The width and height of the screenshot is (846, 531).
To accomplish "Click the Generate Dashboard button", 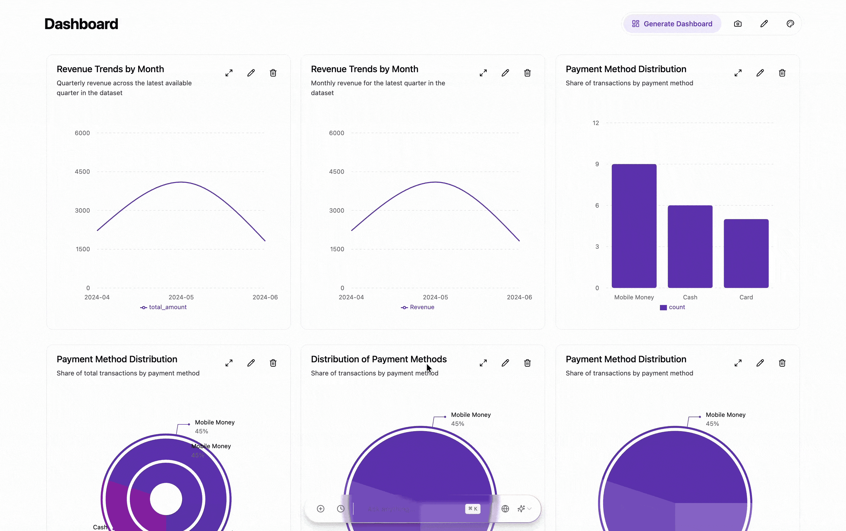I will click(672, 24).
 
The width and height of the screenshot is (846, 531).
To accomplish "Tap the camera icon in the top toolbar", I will click(737, 24).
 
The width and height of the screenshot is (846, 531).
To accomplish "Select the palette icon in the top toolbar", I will click(790, 24).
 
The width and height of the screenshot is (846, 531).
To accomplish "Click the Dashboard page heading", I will click(81, 24).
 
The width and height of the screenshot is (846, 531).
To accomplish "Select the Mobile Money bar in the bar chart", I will click(634, 226).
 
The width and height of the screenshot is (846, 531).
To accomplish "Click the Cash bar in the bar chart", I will click(690, 246).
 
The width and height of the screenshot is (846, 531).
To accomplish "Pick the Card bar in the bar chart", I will click(746, 253).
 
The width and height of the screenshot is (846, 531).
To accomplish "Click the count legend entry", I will click(673, 307).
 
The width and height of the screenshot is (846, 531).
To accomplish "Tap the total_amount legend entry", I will click(164, 307).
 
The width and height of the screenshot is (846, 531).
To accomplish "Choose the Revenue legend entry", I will click(418, 307).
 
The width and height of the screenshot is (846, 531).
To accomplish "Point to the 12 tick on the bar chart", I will click(596, 123).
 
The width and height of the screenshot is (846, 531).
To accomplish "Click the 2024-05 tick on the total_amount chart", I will click(181, 297).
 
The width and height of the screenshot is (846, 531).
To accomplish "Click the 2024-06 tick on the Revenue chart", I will click(519, 297).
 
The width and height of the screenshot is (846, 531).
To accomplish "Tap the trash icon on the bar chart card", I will click(782, 73).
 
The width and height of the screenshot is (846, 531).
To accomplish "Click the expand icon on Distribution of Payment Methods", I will click(483, 363).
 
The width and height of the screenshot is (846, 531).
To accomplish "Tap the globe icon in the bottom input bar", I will click(505, 509).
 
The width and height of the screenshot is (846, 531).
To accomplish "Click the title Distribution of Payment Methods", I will click(379, 359).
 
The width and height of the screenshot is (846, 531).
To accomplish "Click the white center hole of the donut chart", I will click(166, 499).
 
